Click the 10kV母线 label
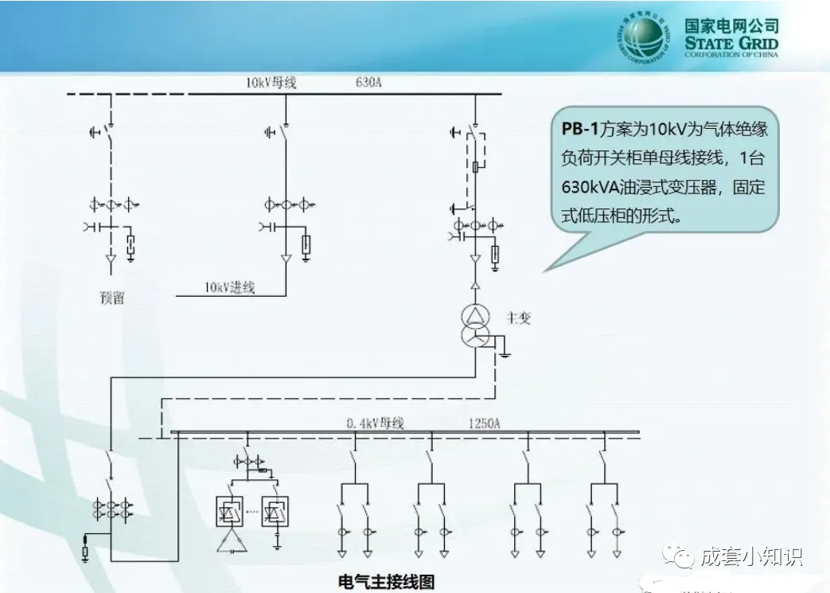coord(271,82)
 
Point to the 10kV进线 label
coord(229,288)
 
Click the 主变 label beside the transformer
coord(518,318)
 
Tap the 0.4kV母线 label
coord(375,423)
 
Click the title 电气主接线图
coord(387,581)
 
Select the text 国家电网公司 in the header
coord(731,25)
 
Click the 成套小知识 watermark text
coord(751,556)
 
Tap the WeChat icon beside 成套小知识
coord(683,555)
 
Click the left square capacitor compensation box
coord(231,510)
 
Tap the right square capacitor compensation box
coord(275,510)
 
